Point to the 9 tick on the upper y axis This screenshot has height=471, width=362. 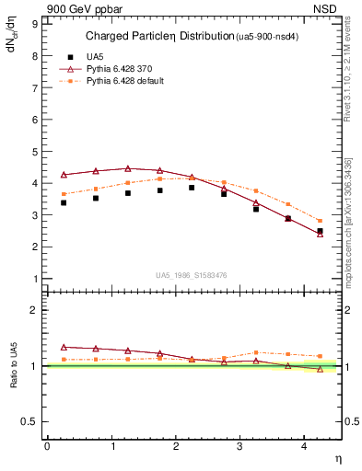(36, 24)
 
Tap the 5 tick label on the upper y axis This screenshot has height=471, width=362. (36, 152)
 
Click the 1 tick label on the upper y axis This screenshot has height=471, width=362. (36, 279)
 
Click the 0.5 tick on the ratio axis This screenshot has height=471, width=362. (31, 421)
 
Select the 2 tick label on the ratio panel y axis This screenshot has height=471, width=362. (36, 311)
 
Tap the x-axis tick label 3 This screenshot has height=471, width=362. (240, 445)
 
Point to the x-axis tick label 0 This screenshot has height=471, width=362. (47, 445)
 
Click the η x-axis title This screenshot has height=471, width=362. (337, 457)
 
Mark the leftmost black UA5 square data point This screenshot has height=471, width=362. (64, 202)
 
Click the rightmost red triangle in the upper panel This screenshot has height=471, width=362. (321, 234)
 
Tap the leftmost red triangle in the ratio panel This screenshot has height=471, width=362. (64, 347)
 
